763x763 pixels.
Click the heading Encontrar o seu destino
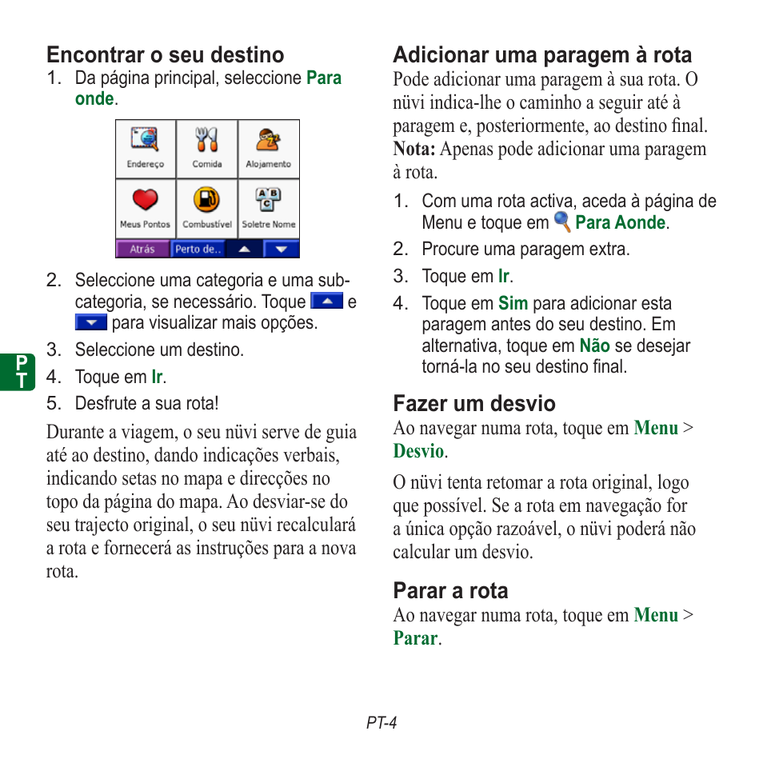pyautogui.click(x=165, y=55)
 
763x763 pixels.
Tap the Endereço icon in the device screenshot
pyautogui.click(x=146, y=141)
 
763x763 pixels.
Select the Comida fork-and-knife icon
pyautogui.click(x=206, y=141)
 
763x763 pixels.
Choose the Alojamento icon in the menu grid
pyautogui.click(x=268, y=141)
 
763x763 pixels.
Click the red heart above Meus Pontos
pyautogui.click(x=146, y=200)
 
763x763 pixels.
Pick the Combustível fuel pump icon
pyautogui.click(x=206, y=200)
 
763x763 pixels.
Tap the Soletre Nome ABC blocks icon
pyautogui.click(x=268, y=200)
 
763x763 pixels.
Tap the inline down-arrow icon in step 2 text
pyautogui.click(x=90, y=323)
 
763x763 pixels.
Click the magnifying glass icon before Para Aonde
pyautogui.click(x=562, y=222)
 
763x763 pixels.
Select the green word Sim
pyautogui.click(x=513, y=304)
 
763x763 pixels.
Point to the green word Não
pyautogui.click(x=594, y=346)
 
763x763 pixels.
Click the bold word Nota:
pyautogui.click(x=413, y=150)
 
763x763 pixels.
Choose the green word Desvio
pyautogui.click(x=417, y=452)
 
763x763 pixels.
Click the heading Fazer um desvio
pyautogui.click(x=473, y=404)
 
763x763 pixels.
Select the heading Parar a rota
pyautogui.click(x=450, y=591)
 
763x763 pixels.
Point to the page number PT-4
pyautogui.click(x=381, y=723)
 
